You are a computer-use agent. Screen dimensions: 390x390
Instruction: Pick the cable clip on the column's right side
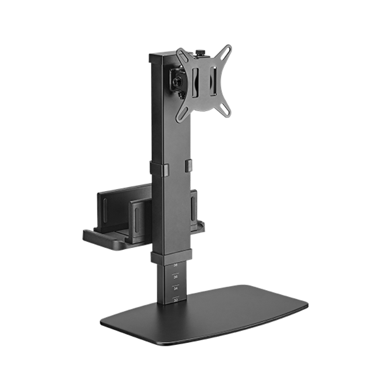pos(189,164)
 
